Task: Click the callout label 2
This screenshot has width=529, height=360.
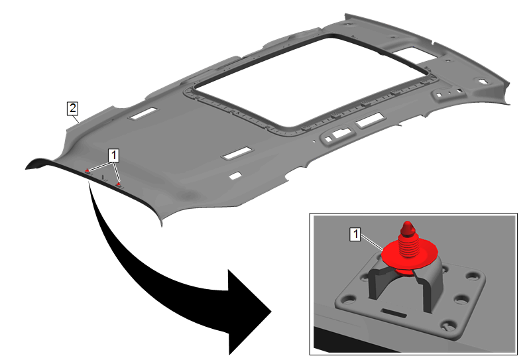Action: (x=72, y=108)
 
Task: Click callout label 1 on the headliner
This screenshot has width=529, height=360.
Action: (x=113, y=155)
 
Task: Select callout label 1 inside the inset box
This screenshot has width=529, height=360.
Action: (x=355, y=234)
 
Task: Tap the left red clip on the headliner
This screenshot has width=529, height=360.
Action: (x=87, y=171)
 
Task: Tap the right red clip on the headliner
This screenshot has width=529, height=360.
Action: (x=118, y=184)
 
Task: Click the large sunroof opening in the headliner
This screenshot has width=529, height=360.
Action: (x=312, y=82)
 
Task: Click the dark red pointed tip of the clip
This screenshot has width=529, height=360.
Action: (x=408, y=228)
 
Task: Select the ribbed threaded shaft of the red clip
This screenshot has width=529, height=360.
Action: (x=408, y=245)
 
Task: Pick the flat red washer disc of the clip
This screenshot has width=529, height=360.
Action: (x=410, y=255)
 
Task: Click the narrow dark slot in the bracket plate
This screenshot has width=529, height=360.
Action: (x=393, y=312)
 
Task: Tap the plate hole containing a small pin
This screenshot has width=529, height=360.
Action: (x=447, y=326)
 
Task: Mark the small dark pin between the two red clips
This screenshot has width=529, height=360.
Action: (x=103, y=177)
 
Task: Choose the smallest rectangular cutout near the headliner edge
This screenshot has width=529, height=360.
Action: (x=235, y=176)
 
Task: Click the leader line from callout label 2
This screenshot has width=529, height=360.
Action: (x=77, y=119)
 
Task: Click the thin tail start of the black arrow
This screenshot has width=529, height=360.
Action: (x=89, y=184)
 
